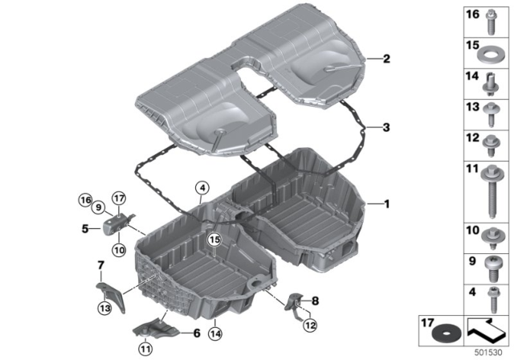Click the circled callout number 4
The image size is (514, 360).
[202, 188]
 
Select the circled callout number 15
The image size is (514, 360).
[214, 239]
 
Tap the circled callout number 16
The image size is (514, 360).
[85, 199]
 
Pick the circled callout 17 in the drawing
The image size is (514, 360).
[119, 198]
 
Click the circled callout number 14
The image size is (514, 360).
[215, 333]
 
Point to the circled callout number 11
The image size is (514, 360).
[145, 349]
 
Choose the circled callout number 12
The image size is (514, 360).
[310, 325]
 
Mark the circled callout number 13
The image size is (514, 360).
[104, 308]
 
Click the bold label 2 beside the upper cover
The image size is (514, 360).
[387, 59]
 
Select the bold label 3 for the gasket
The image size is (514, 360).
[386, 127]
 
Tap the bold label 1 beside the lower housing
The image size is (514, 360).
[387, 204]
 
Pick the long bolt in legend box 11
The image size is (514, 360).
[491, 191]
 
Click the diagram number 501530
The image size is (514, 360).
[488, 353]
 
